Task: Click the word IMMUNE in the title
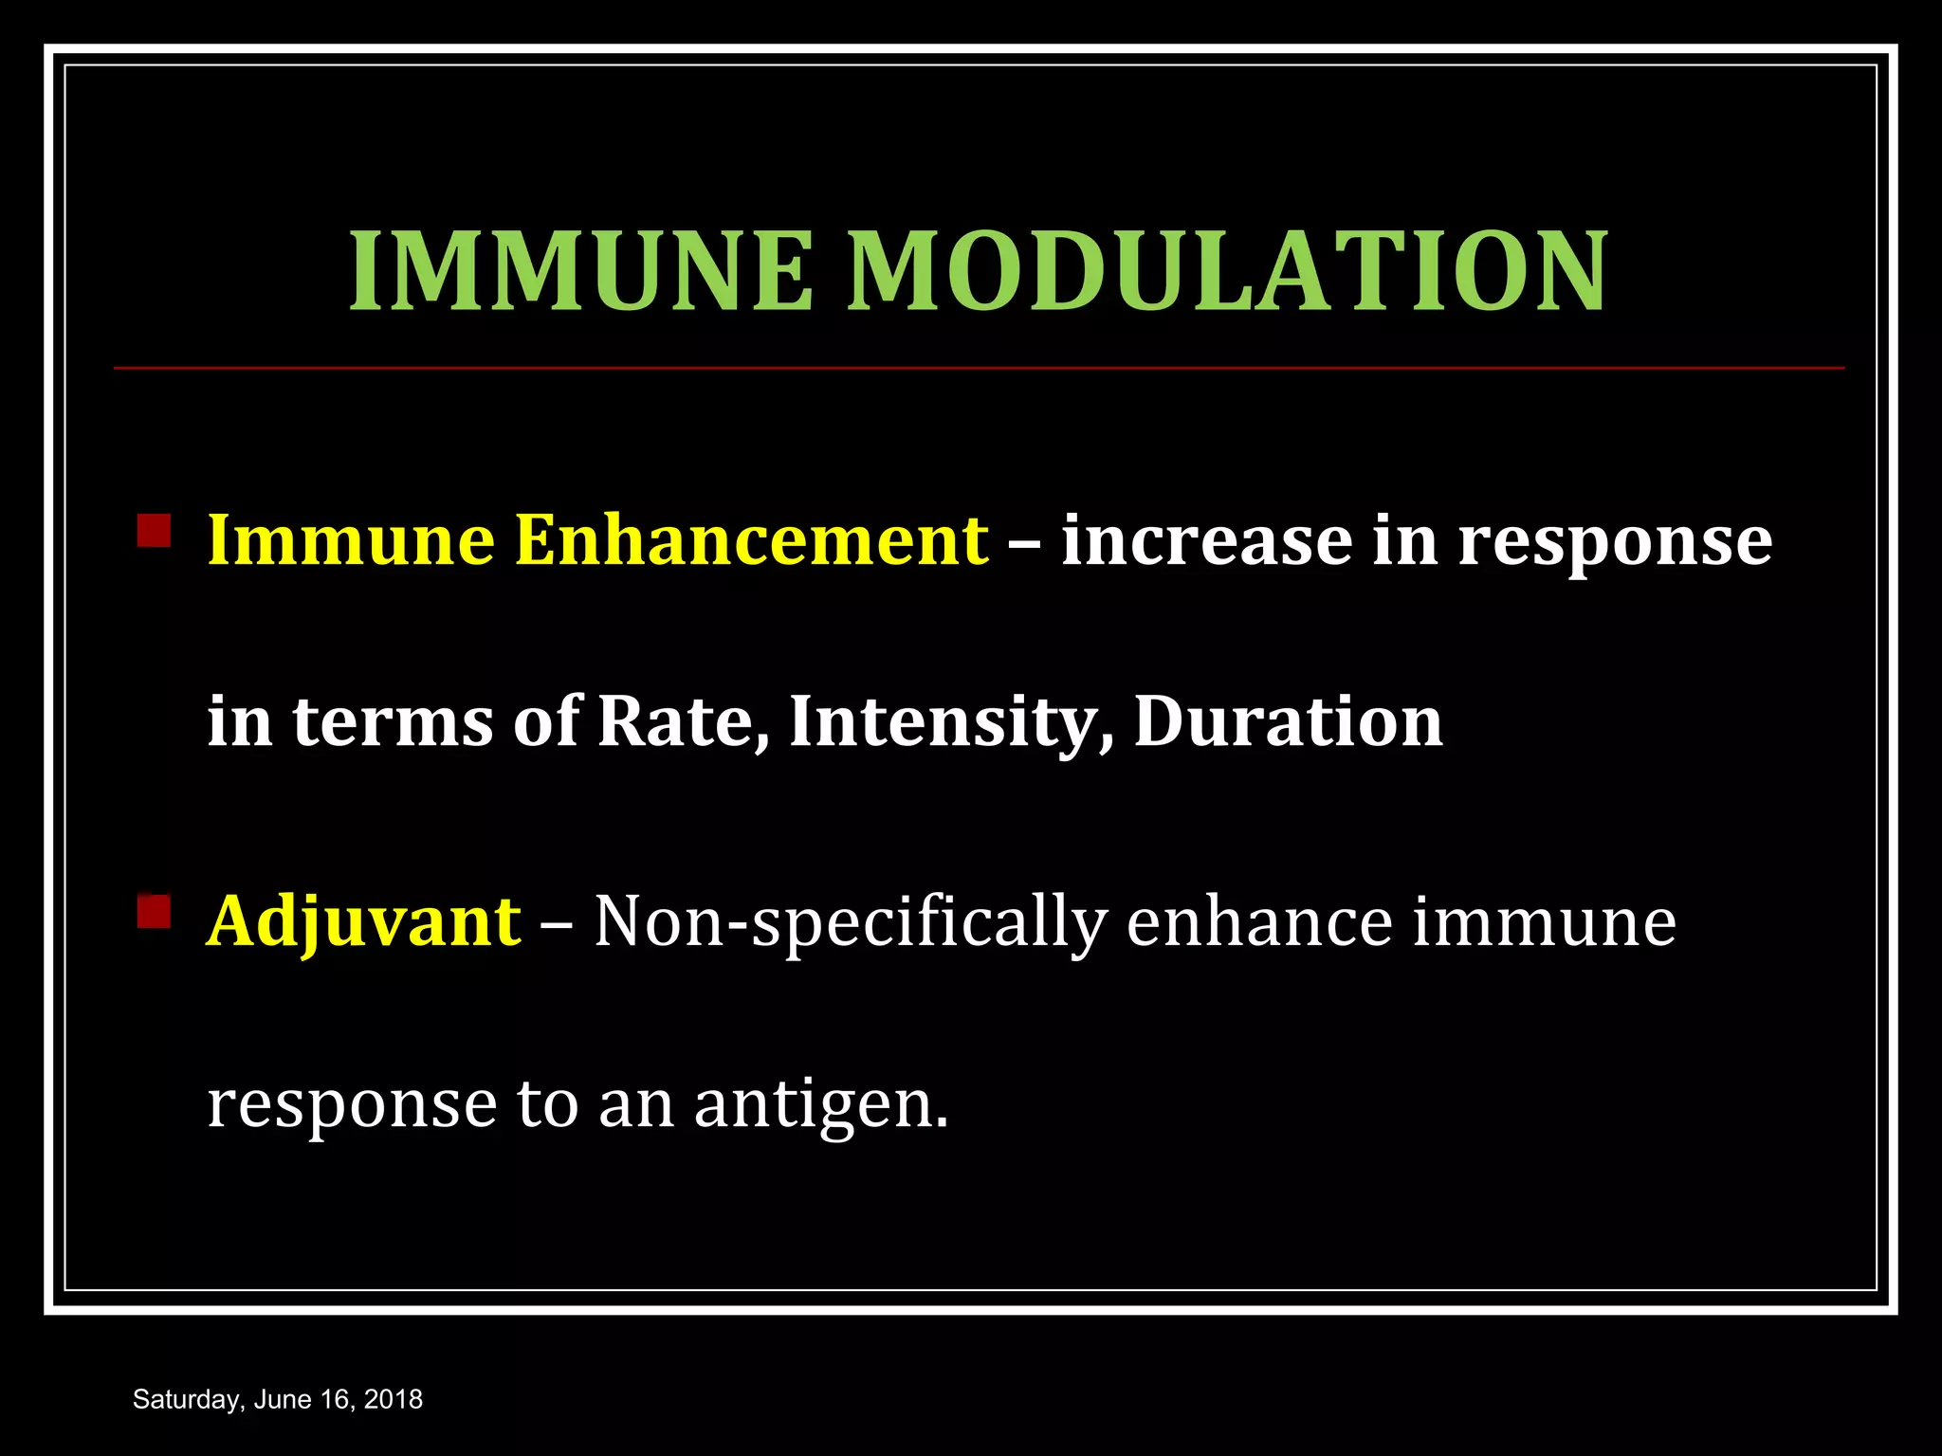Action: (x=581, y=272)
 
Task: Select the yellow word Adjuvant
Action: (x=364, y=922)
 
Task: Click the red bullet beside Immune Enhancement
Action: (x=154, y=531)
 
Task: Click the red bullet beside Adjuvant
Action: (x=154, y=912)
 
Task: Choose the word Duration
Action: (x=1288, y=722)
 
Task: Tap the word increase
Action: (x=1206, y=540)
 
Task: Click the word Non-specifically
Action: (x=851, y=922)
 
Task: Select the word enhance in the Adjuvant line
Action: (x=1259, y=922)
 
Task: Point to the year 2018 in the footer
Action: (x=394, y=1400)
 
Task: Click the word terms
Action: (x=393, y=722)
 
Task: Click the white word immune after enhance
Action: (x=1544, y=922)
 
